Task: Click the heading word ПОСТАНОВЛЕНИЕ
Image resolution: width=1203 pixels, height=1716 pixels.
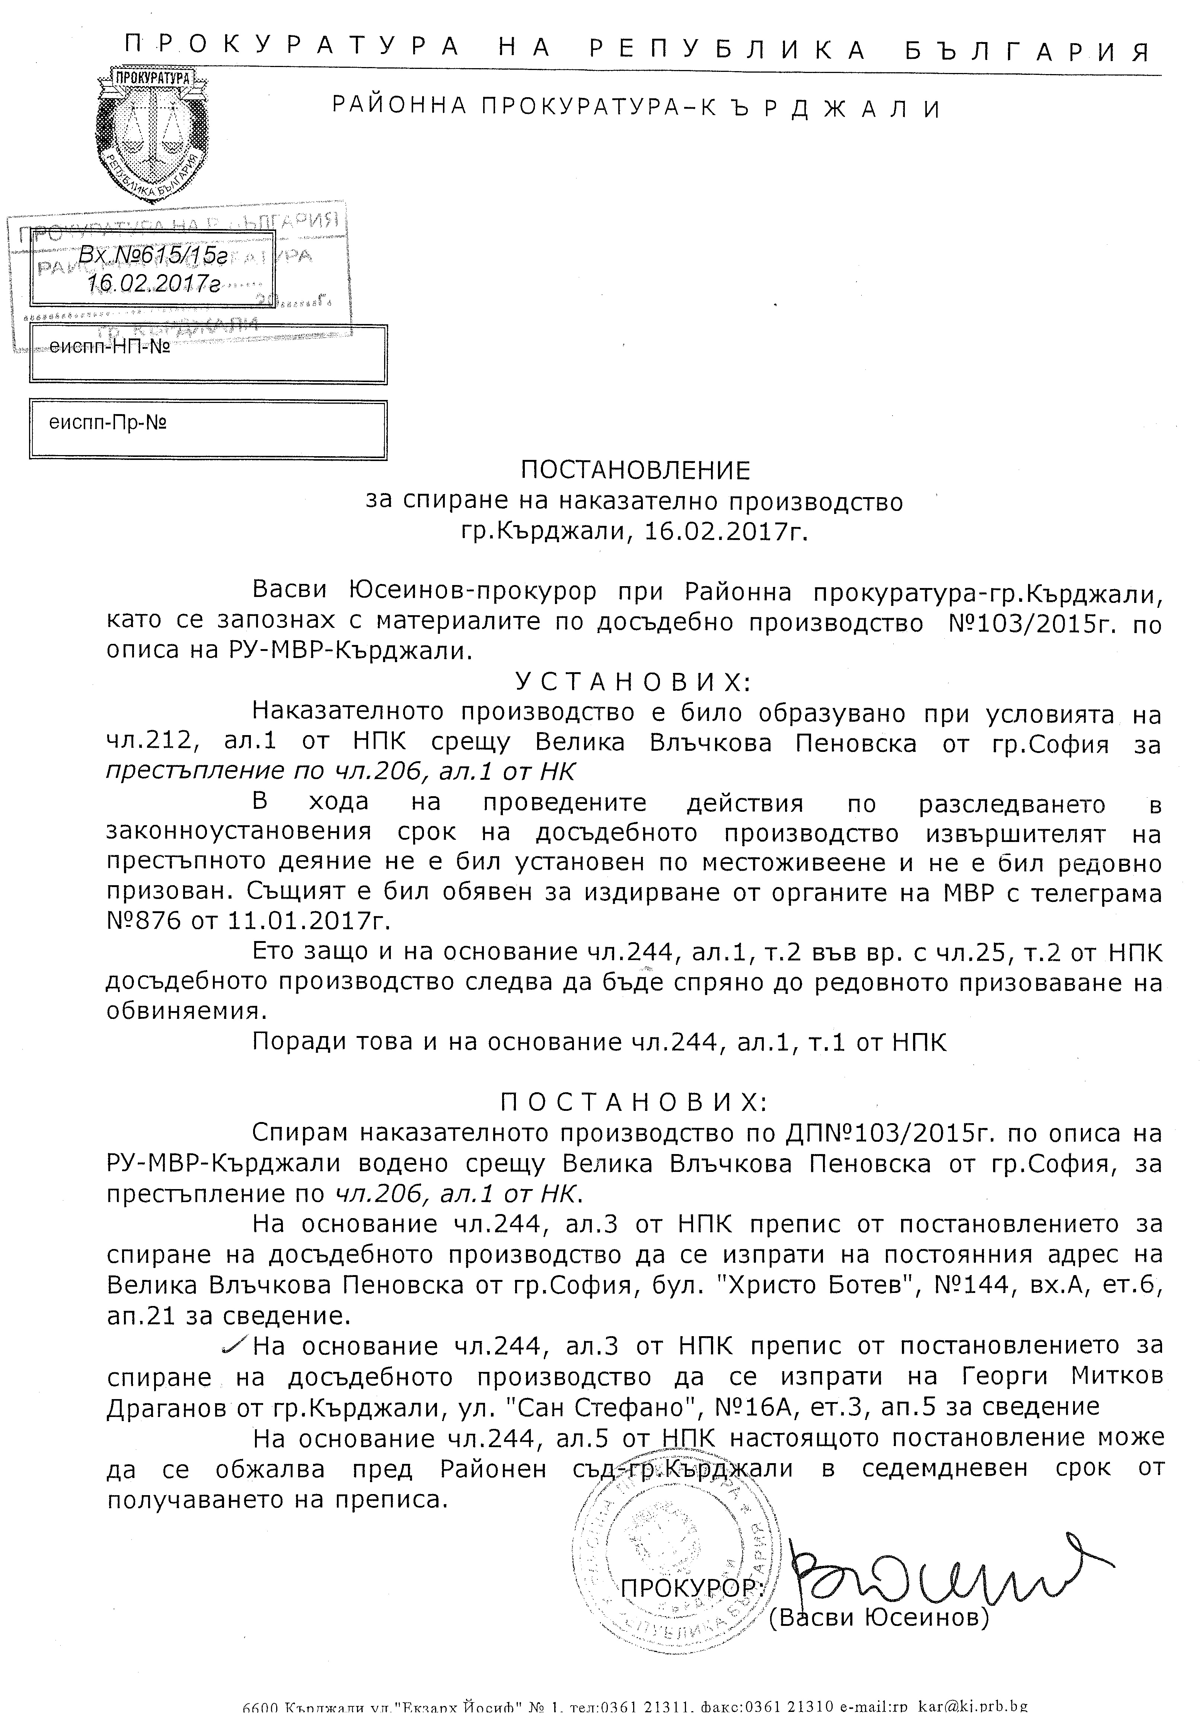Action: [x=634, y=470]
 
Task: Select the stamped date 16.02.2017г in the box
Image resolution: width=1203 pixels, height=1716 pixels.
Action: [x=153, y=284]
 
